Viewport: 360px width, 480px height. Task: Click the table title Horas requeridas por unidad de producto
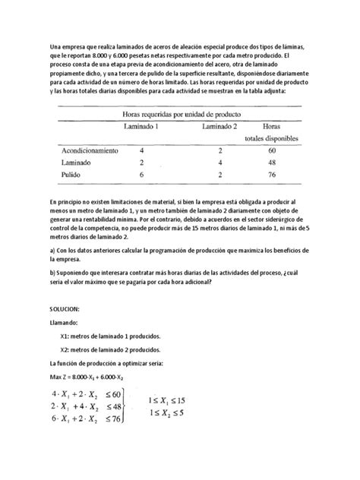pyautogui.click(x=178, y=113)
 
